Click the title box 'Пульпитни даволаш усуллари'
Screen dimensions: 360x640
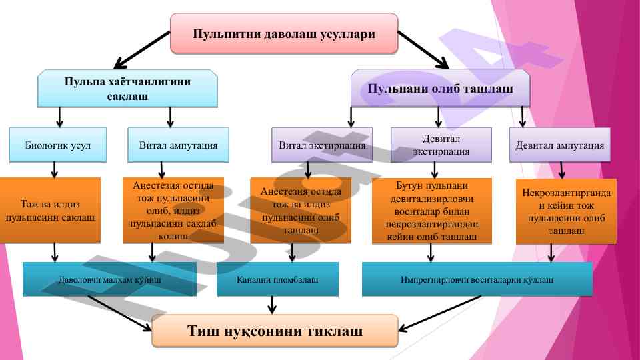[x=284, y=33]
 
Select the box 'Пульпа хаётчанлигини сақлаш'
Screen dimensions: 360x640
[x=127, y=89]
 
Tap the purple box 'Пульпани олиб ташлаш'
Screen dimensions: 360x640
[x=440, y=89]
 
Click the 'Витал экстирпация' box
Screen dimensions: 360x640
[x=321, y=145]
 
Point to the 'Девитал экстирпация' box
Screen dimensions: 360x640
[x=441, y=145]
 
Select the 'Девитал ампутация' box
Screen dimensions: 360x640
[x=560, y=145]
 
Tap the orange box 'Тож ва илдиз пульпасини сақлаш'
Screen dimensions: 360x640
[x=51, y=209]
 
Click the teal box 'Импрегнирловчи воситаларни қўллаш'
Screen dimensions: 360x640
[x=477, y=279]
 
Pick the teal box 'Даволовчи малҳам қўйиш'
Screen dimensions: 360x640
[x=109, y=279]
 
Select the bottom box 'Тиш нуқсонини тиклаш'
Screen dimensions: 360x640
[x=275, y=331]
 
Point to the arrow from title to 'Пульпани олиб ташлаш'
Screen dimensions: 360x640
[x=423, y=49]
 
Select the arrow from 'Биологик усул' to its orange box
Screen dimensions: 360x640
[x=54, y=170]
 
